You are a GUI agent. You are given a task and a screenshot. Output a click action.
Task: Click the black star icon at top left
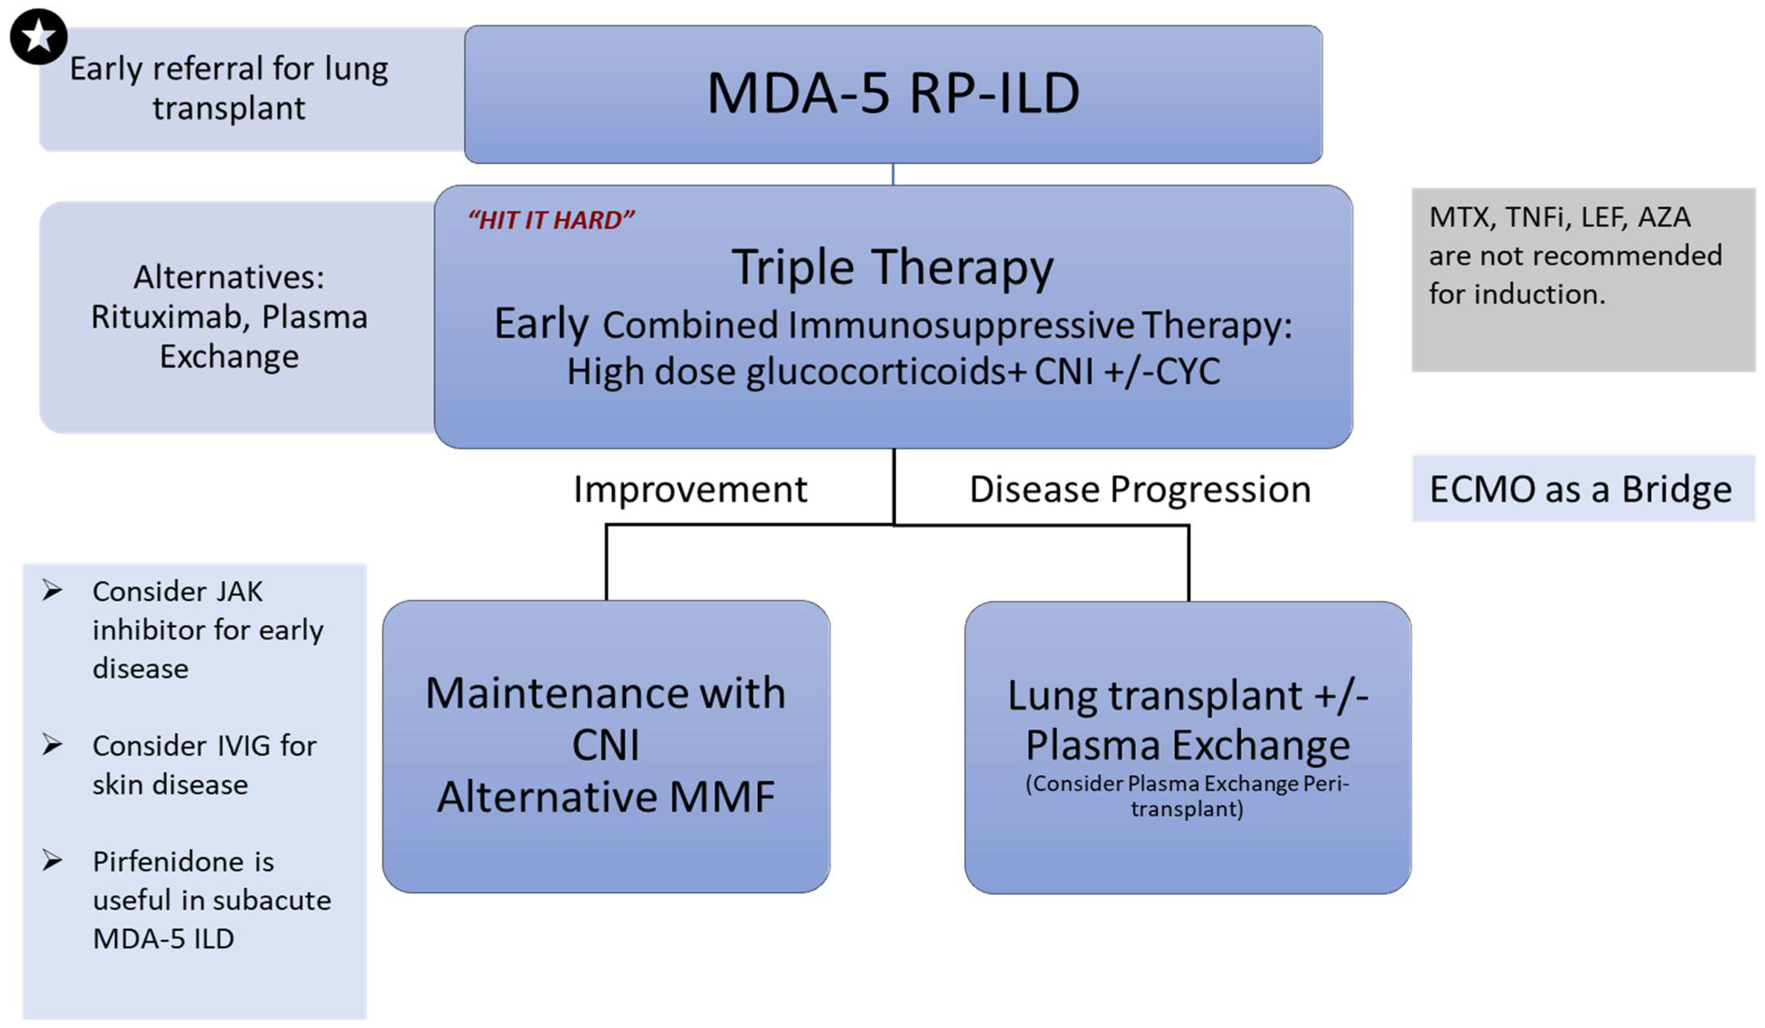(38, 37)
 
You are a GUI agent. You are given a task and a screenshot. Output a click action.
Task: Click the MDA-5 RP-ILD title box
(893, 95)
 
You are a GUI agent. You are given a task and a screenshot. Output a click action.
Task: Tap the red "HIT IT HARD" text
(551, 220)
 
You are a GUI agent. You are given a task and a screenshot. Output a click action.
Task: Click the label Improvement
(690, 489)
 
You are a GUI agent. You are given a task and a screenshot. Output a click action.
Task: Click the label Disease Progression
(1140, 489)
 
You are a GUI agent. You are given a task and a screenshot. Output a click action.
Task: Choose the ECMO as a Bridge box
(1581, 489)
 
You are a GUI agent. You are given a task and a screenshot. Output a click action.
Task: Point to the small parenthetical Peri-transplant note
(1188, 796)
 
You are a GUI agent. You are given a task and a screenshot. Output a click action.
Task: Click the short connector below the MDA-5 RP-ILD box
(893, 175)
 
